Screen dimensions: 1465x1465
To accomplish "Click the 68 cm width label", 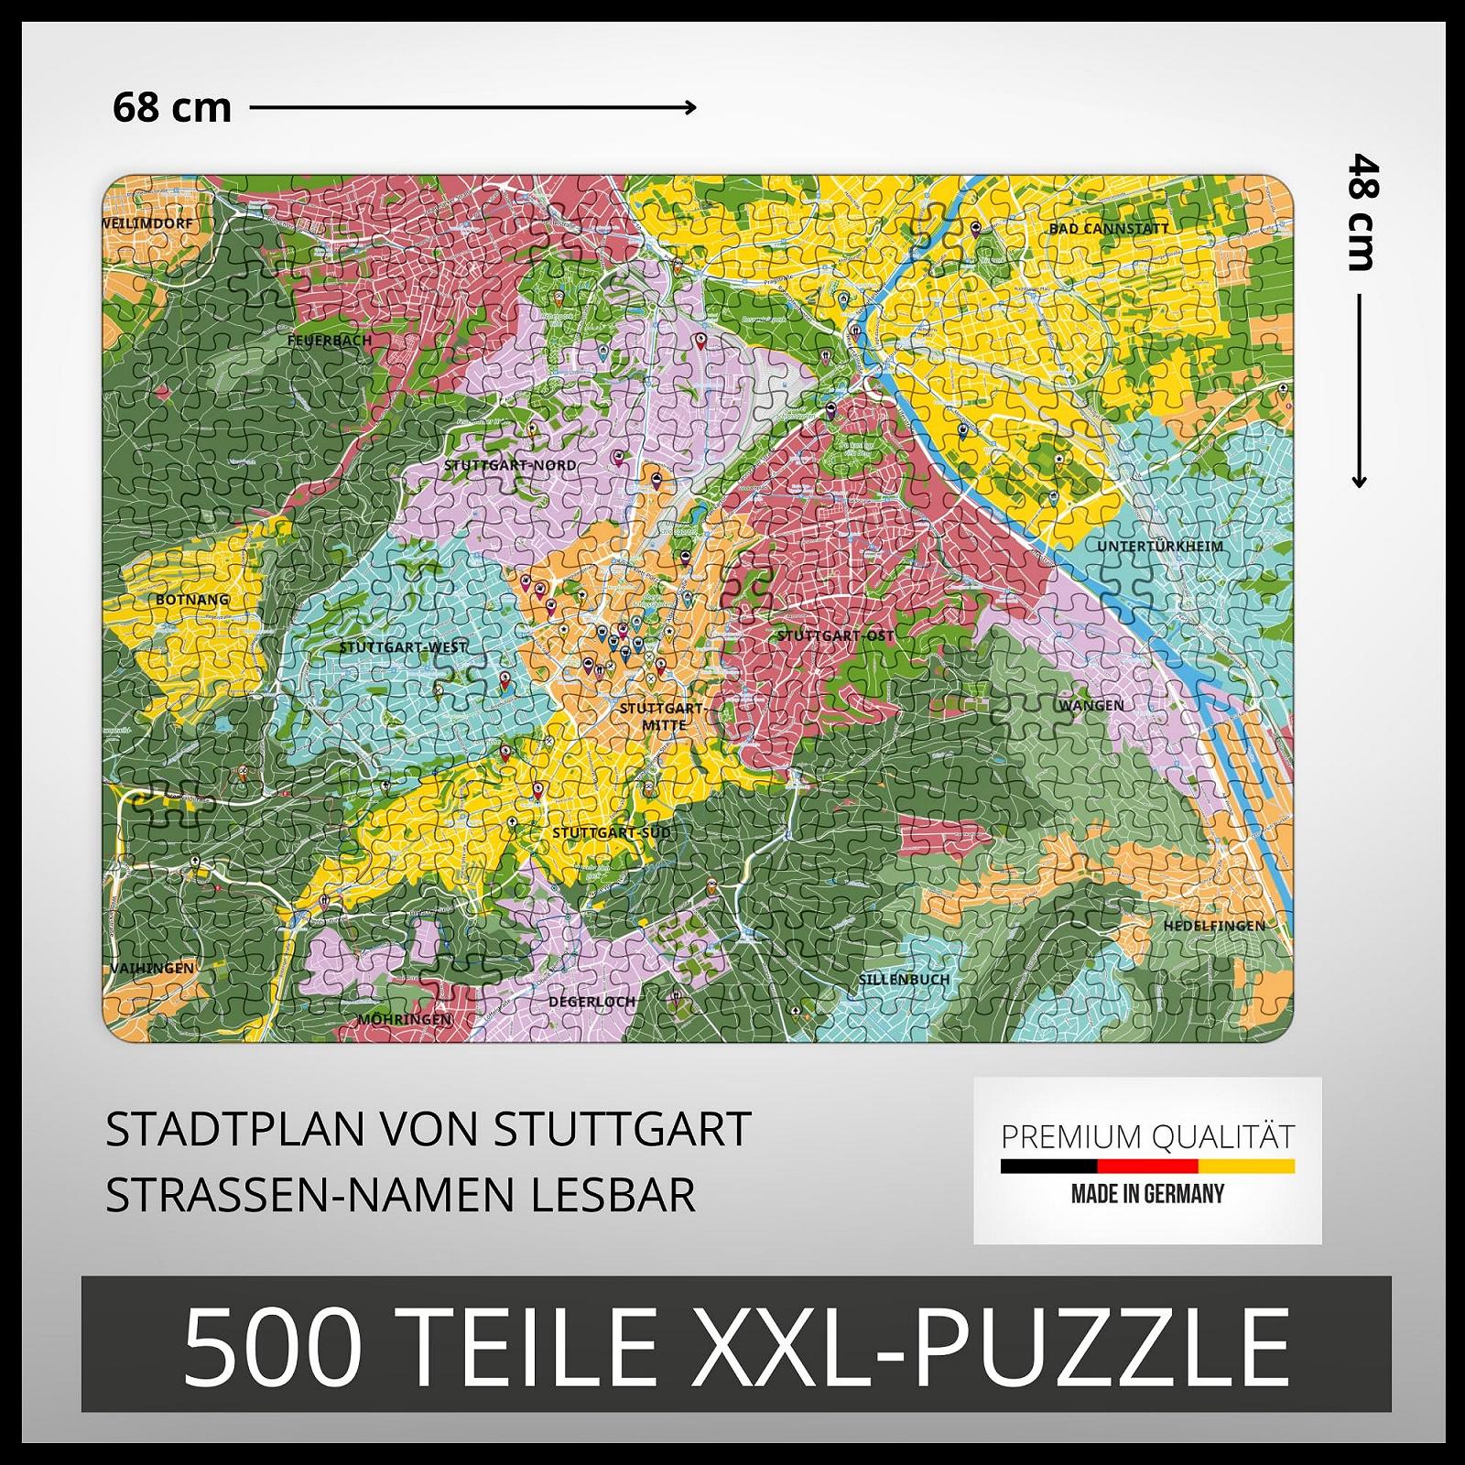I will click(172, 108).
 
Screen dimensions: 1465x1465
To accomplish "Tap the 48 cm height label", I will click(1362, 212).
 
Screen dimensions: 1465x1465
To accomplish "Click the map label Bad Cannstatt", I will click(1108, 228).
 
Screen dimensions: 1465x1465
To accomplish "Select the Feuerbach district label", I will click(330, 340).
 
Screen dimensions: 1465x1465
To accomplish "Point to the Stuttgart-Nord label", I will click(510, 465).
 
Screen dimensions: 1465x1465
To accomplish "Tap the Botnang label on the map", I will click(192, 600).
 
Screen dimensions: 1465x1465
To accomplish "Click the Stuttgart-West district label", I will click(403, 647).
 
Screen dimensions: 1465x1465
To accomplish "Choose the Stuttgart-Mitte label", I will click(663, 716).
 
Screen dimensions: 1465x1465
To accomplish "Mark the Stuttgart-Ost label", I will click(835, 635).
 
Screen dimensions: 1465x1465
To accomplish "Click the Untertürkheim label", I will click(1159, 547).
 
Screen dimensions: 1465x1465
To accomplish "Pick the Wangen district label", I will click(1091, 706).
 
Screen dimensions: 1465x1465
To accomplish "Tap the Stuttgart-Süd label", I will click(611, 833).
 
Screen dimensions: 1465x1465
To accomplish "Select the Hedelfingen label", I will click(1214, 926).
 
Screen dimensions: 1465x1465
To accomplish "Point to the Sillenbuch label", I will click(904, 979).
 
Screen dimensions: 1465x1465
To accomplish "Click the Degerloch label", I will click(591, 1002).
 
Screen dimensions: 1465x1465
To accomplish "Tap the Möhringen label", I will click(404, 1019).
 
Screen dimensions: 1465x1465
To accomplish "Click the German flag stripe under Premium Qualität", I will click(1146, 1167).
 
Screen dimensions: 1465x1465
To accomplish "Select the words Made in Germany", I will click(1146, 1194).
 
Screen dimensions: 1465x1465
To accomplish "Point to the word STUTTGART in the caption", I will click(623, 1129).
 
